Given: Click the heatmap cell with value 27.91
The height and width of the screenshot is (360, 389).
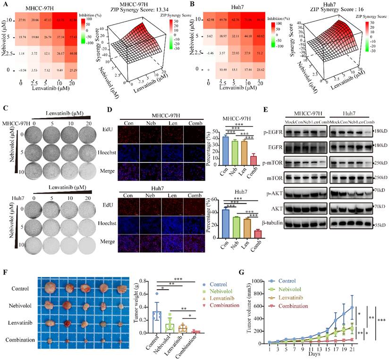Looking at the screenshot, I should point(22,18).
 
